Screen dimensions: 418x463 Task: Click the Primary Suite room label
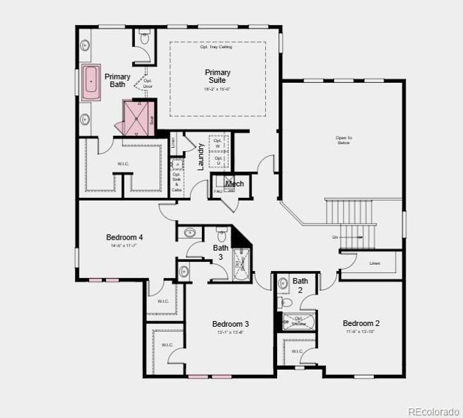point(217,77)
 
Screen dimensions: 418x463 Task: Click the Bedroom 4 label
point(125,237)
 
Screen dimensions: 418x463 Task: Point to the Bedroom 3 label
point(230,324)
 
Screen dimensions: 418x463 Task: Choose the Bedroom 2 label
point(361,323)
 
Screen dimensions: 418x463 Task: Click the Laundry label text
point(201,157)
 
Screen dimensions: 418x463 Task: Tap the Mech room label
point(235,184)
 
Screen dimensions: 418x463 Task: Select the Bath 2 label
point(300,285)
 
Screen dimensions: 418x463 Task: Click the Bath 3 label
point(220,252)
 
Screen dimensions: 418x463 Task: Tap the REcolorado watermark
point(432,410)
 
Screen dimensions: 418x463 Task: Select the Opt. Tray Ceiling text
point(217,47)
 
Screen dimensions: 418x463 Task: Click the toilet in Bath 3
point(223,232)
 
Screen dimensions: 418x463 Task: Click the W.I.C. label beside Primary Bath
point(123,164)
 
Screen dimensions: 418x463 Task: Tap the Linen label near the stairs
point(375,263)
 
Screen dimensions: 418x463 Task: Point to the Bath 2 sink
point(283,284)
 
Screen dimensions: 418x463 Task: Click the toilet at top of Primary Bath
point(144,39)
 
